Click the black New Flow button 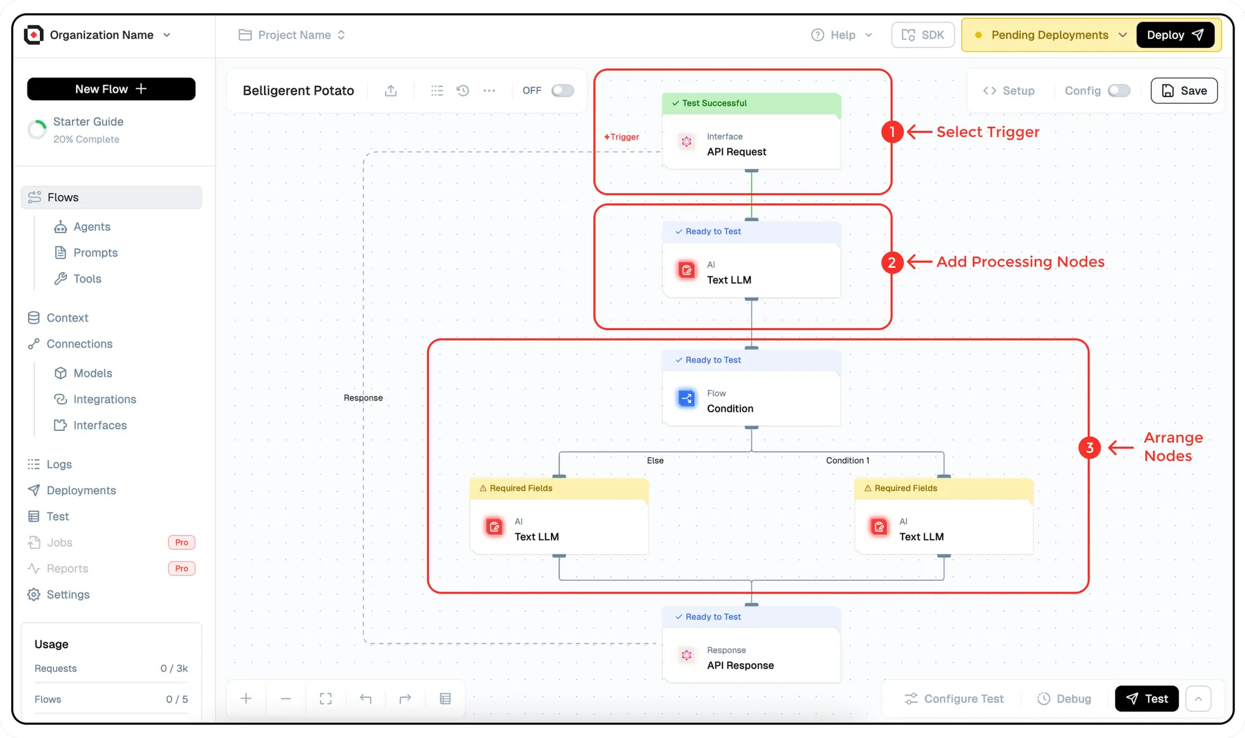click(111, 89)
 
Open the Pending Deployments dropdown click(1050, 35)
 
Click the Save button click(1184, 91)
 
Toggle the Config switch click(1119, 91)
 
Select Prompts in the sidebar click(95, 252)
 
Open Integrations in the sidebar click(105, 399)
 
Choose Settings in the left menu click(68, 595)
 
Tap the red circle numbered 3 click(1089, 447)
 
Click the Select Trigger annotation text click(987, 132)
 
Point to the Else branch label click(655, 461)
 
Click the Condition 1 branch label click(847, 461)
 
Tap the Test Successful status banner click(751, 103)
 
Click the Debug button click(1064, 699)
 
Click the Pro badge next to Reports click(181, 569)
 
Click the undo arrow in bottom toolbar click(365, 699)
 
